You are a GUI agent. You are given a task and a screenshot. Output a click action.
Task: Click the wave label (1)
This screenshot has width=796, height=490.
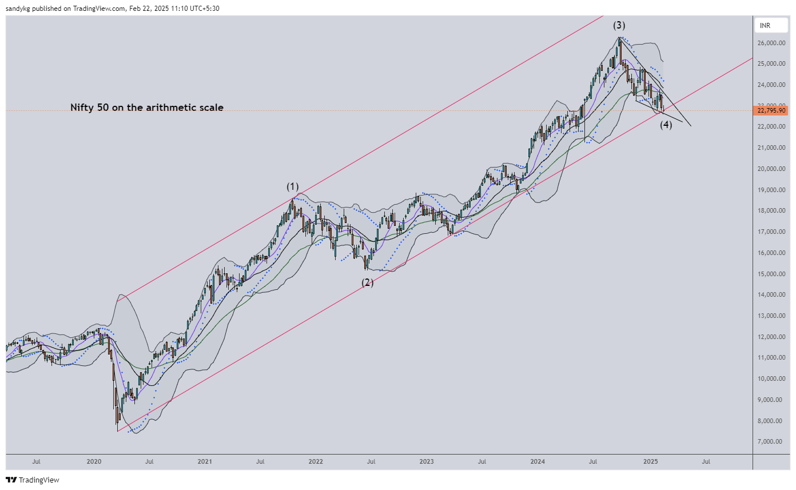coord(293,186)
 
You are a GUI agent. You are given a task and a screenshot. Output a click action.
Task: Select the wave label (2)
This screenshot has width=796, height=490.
coord(367,282)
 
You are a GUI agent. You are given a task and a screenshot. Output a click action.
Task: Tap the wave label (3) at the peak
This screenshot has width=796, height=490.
coord(619,25)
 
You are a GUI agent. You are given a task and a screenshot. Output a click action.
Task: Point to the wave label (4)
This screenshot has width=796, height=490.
coord(666,125)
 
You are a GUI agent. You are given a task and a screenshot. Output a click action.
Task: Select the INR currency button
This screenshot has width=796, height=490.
coord(765,26)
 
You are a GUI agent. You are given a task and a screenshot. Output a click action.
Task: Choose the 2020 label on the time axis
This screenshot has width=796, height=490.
coord(94,461)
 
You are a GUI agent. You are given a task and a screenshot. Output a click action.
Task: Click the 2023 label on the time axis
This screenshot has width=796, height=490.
coord(426,461)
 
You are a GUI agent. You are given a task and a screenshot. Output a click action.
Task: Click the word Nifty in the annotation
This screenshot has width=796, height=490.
coord(81,107)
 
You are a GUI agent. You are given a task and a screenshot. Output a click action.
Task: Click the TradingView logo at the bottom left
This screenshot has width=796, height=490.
coord(33,480)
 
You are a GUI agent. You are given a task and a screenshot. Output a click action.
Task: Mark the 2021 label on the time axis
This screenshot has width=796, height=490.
coord(205,461)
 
